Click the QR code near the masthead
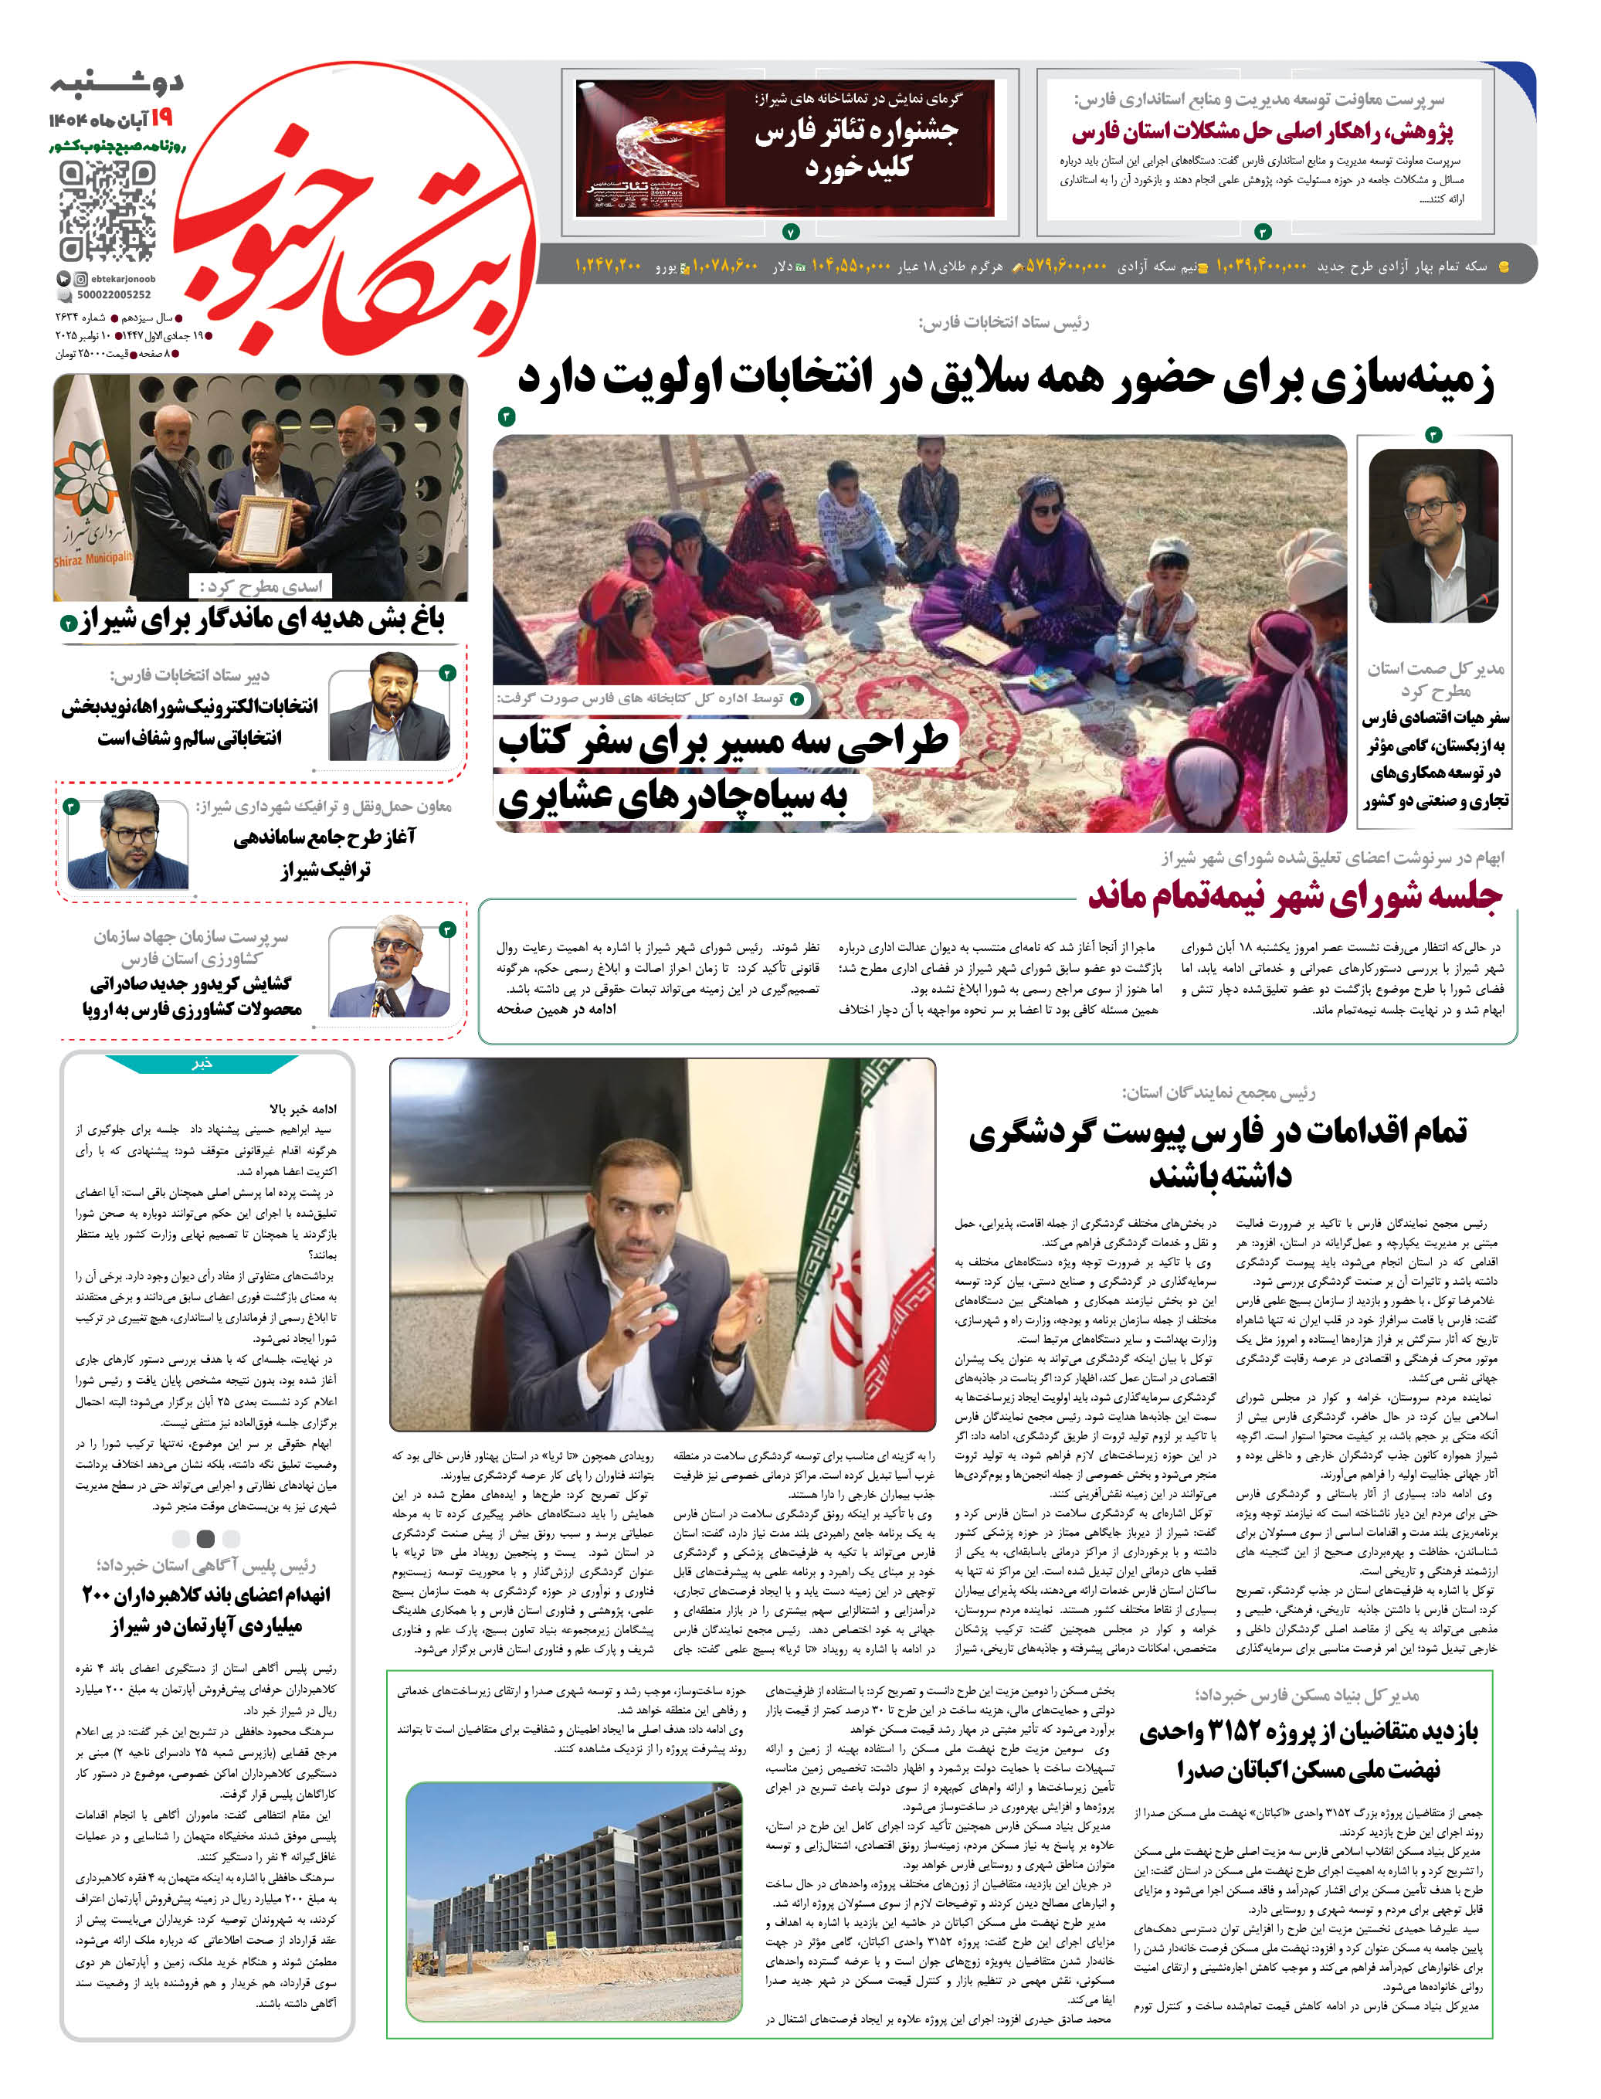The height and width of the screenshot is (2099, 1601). (x=107, y=211)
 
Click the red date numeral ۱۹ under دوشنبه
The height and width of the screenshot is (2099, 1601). (x=161, y=117)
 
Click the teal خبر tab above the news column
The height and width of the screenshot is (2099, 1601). (x=202, y=1063)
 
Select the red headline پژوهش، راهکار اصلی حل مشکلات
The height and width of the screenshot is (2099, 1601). (x=1262, y=131)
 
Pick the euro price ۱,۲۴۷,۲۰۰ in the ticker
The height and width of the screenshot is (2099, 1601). (x=607, y=265)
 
